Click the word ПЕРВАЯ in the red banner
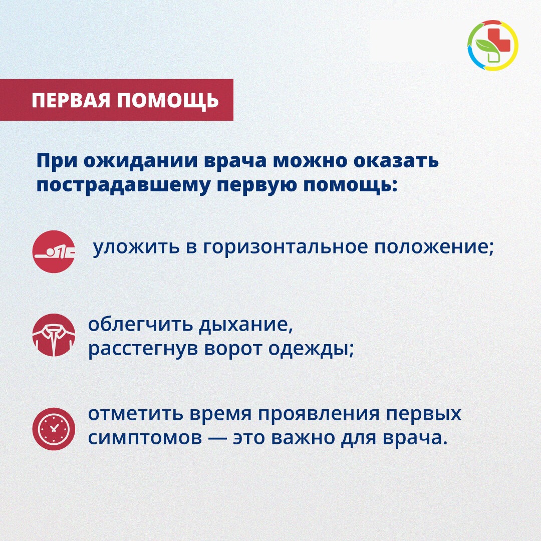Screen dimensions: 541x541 click(x=71, y=100)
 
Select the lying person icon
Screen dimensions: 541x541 click(x=54, y=251)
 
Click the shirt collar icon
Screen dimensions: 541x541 click(x=54, y=335)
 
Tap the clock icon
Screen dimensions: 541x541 click(x=54, y=429)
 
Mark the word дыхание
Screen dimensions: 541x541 click(x=245, y=325)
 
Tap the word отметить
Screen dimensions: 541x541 click(x=135, y=414)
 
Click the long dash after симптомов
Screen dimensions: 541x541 click(x=217, y=438)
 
